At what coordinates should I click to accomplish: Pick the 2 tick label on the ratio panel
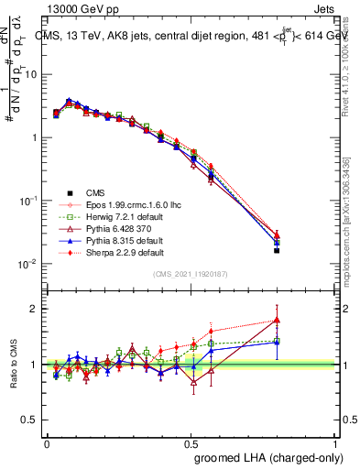click(x=35, y=309)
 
